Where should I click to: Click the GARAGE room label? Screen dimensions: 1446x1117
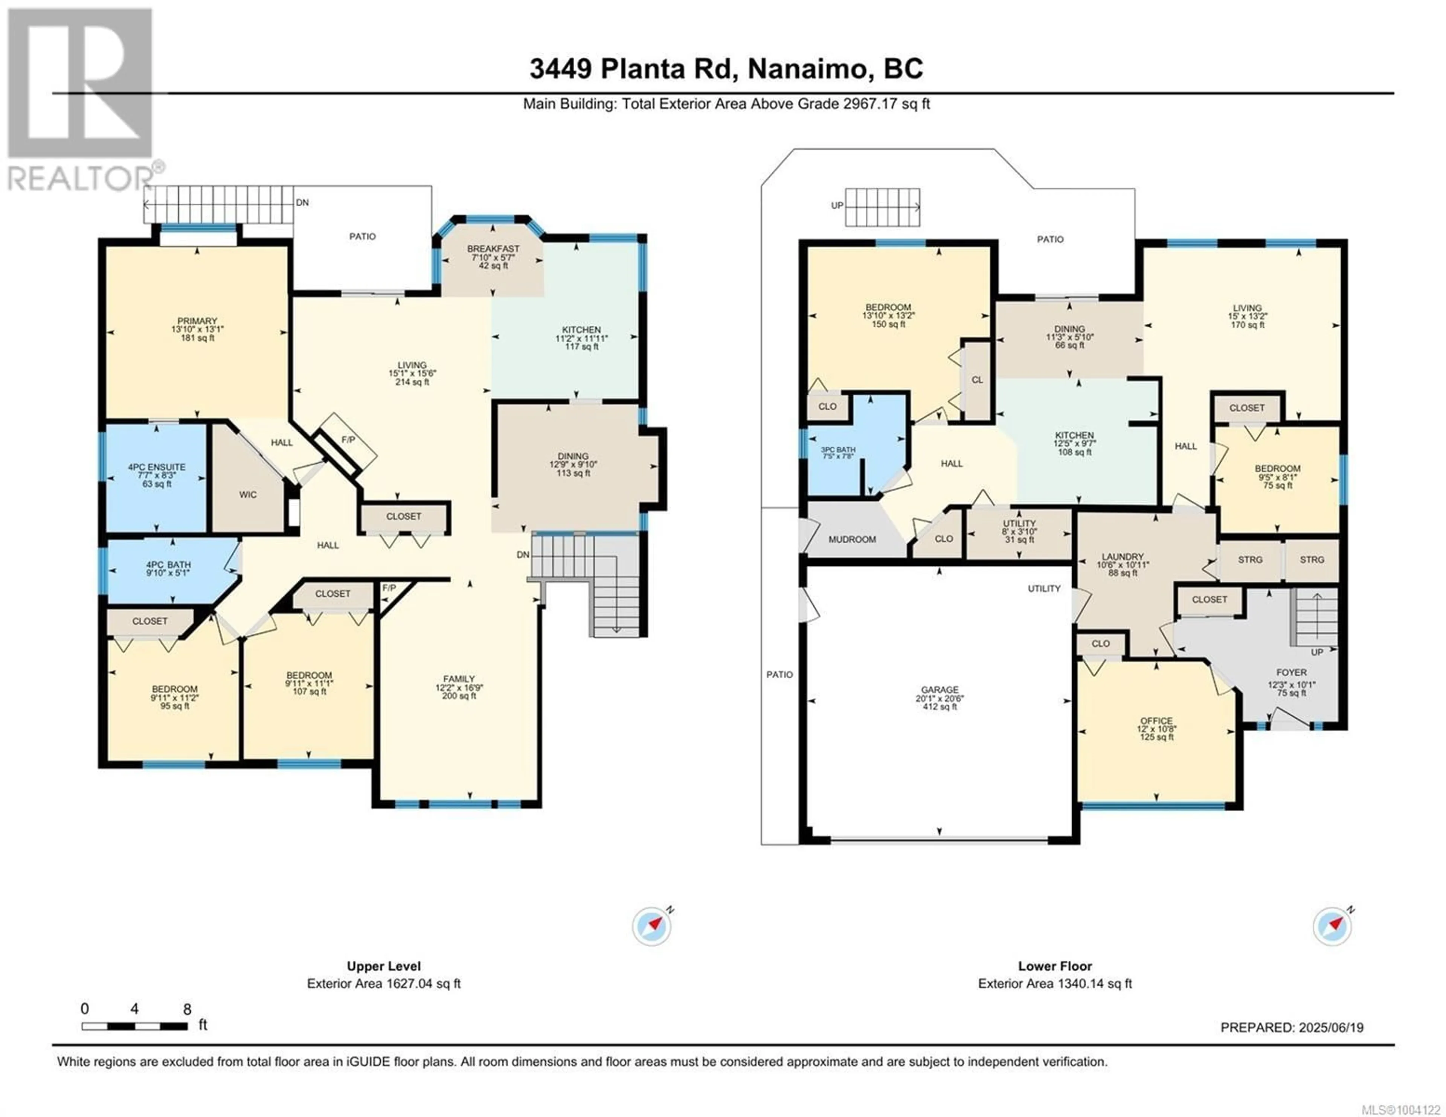click(x=940, y=689)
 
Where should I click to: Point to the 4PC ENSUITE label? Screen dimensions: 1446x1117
click(x=157, y=467)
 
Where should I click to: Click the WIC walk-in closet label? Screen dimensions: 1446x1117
click(x=248, y=495)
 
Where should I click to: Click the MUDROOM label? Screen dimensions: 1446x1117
click(x=852, y=539)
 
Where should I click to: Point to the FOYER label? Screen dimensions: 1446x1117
click(x=1292, y=672)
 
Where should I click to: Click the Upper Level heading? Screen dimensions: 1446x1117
click(x=384, y=966)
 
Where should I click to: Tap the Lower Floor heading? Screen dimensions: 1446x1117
click(x=1056, y=966)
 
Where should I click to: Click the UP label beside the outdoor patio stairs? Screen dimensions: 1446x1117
click(x=837, y=205)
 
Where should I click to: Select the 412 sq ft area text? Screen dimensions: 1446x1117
click(x=940, y=707)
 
